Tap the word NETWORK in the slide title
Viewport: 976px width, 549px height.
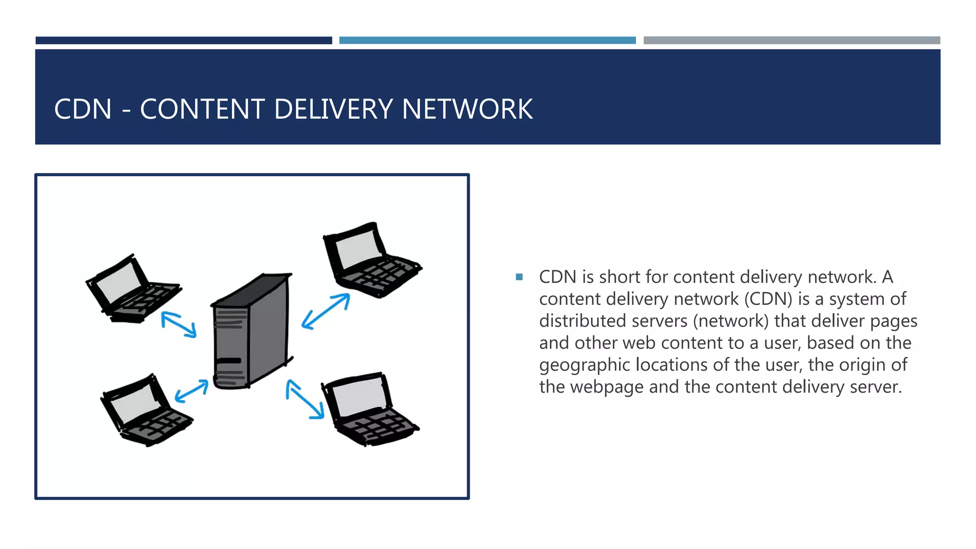point(467,109)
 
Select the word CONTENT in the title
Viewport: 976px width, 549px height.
point(202,109)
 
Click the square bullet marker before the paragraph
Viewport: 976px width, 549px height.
point(519,277)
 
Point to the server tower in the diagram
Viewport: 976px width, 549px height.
point(252,331)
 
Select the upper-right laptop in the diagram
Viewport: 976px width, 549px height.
point(369,260)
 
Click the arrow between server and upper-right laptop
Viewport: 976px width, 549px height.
point(326,311)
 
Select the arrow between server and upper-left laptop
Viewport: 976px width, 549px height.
point(179,325)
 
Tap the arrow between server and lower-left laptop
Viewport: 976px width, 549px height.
point(192,390)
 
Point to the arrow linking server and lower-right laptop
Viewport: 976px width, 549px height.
point(305,399)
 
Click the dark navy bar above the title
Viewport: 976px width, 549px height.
point(184,41)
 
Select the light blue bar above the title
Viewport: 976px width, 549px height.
point(488,41)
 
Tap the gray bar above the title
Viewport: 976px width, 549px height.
point(792,41)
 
